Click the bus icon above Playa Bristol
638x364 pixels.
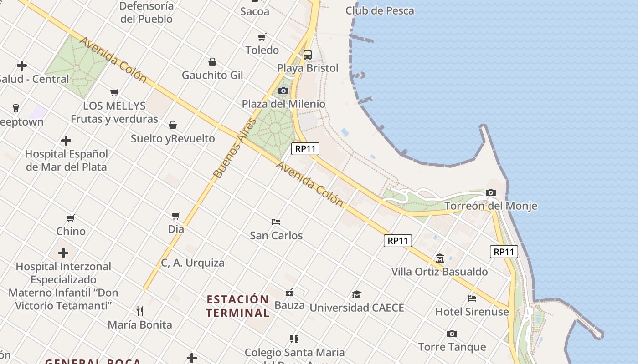tap(308, 55)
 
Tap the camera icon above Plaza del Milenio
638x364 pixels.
tap(283, 91)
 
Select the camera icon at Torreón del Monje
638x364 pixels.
tap(491, 192)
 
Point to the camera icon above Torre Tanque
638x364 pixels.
tap(452, 334)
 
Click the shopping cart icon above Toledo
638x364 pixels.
tap(262, 37)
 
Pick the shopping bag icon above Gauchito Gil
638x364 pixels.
tap(212, 62)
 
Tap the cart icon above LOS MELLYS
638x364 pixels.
tap(114, 93)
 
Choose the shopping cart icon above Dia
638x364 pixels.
tap(176, 216)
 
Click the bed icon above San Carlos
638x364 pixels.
tap(276, 222)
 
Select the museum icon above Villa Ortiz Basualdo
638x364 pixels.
tap(440, 258)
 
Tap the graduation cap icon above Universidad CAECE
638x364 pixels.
tap(356, 294)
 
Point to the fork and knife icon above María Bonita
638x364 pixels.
tap(140, 311)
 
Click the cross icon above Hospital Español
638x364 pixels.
tap(66, 141)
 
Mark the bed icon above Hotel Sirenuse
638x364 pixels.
tap(472, 298)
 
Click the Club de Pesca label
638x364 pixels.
tap(380, 10)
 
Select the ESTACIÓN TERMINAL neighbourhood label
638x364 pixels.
tap(237, 306)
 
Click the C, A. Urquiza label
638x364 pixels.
tap(193, 263)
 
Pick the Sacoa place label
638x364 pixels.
tap(254, 11)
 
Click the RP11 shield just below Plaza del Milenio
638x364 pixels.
tap(305, 149)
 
